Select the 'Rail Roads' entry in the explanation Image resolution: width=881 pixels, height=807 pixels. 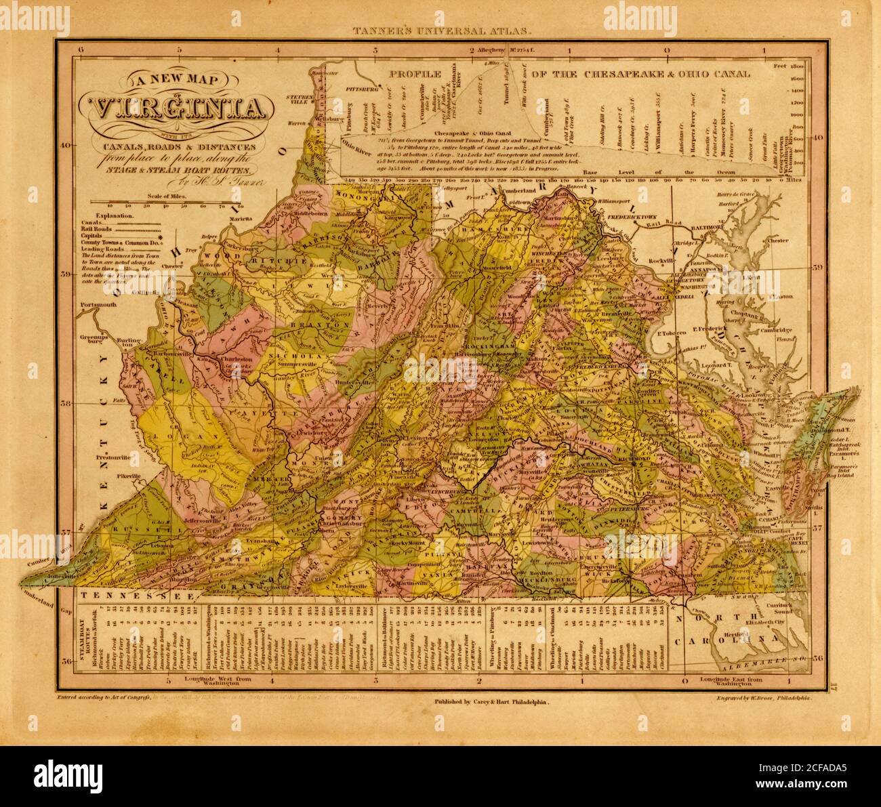pos(96,229)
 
